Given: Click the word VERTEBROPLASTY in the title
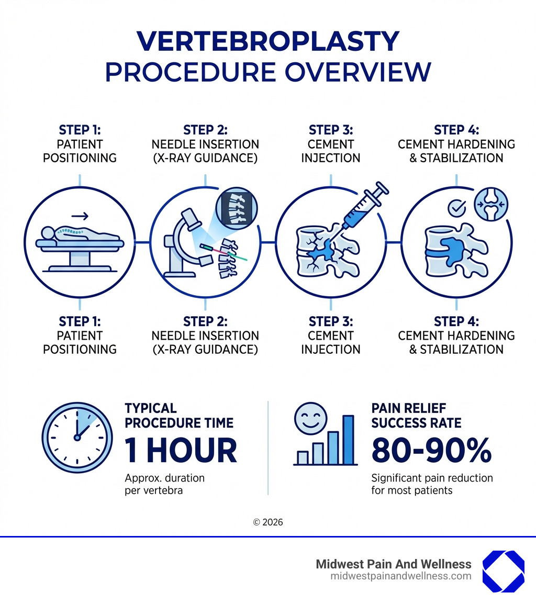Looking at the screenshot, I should (x=267, y=42).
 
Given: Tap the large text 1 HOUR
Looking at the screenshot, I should (x=181, y=450).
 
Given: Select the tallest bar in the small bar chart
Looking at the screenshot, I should (x=348, y=440).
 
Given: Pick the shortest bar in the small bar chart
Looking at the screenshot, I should (x=303, y=457).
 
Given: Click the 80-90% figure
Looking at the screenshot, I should (x=431, y=450).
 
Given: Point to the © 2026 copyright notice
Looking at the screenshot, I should (x=267, y=522).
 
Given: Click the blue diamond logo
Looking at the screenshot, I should (x=502, y=571).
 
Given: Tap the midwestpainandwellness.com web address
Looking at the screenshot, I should (x=400, y=576).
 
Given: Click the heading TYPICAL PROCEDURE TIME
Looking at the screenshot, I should (x=179, y=416).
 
